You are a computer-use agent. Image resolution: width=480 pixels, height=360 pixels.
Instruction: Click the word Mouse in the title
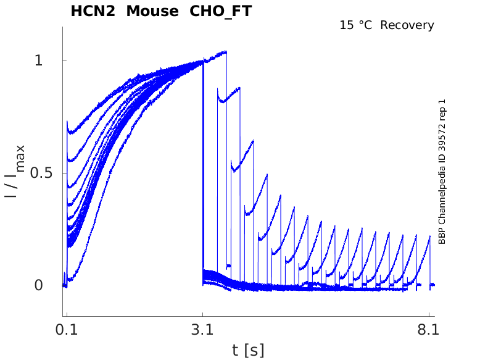tap(149, 11)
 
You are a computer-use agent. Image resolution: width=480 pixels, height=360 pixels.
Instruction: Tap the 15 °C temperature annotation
tap(356, 25)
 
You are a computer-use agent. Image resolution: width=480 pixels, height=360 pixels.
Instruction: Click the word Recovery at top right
tap(407, 25)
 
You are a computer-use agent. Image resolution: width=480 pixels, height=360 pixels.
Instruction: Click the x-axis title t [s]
tap(247, 350)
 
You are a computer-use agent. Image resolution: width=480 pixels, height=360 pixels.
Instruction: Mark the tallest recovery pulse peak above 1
tap(226, 52)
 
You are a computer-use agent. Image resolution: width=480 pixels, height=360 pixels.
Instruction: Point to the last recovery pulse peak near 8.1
tap(429, 236)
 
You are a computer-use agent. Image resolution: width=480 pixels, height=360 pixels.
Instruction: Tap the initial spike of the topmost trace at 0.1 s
tap(67, 122)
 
